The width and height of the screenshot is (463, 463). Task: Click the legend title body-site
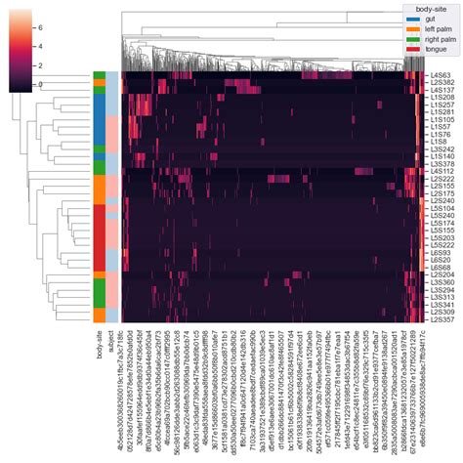(430, 8)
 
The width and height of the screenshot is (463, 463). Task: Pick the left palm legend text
(437, 28)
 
